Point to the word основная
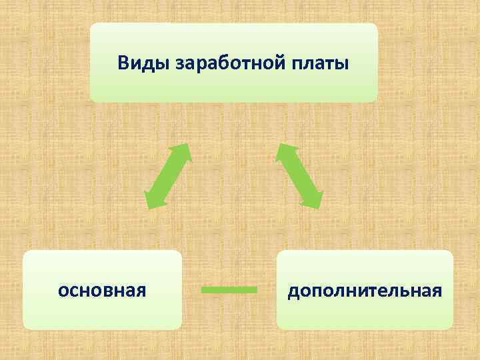point(102,291)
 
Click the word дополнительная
point(365,291)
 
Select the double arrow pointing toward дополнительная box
point(299,176)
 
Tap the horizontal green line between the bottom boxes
point(229,289)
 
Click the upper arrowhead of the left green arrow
point(184,151)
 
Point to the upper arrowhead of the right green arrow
point(283,151)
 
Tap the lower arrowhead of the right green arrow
point(315,201)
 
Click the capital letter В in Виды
point(123,63)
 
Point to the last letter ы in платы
point(343,65)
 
